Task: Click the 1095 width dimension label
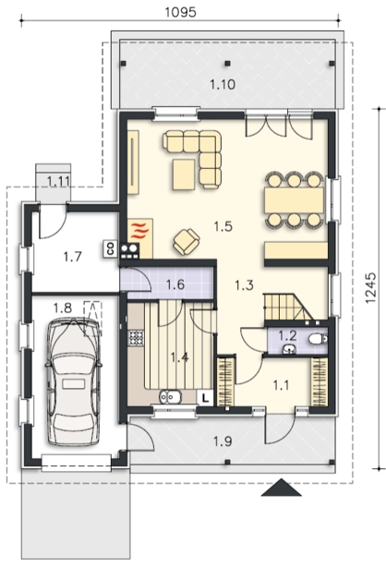coord(180,12)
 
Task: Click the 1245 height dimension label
coord(371,288)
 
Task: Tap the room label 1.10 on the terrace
coord(223,85)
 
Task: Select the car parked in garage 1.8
coord(73,382)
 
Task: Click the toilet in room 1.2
coord(318,339)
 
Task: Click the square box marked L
coord(206,399)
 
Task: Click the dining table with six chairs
coord(294,200)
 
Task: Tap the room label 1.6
coord(175,284)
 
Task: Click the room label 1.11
coord(58,181)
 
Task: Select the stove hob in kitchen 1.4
coord(136,339)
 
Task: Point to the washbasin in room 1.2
coord(289,348)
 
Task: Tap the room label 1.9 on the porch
coord(223,441)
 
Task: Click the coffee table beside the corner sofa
coord(184,175)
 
